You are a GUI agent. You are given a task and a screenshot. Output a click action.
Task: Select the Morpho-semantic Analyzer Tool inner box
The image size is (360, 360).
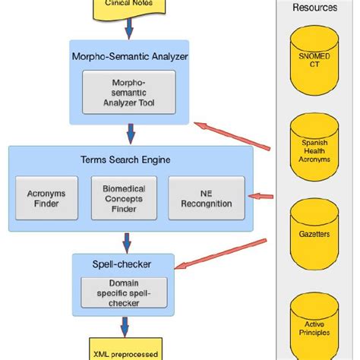128,92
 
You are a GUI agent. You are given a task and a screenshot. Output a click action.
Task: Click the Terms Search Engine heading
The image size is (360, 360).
131,159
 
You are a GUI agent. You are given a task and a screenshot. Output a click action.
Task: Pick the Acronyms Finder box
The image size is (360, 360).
47,197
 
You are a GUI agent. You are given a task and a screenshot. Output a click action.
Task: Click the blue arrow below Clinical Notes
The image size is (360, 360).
128,29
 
